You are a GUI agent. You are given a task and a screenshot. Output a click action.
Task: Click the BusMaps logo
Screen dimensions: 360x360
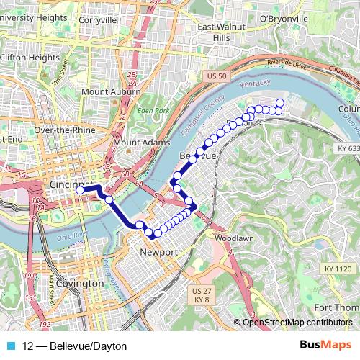pyautogui.click(x=325, y=346)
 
